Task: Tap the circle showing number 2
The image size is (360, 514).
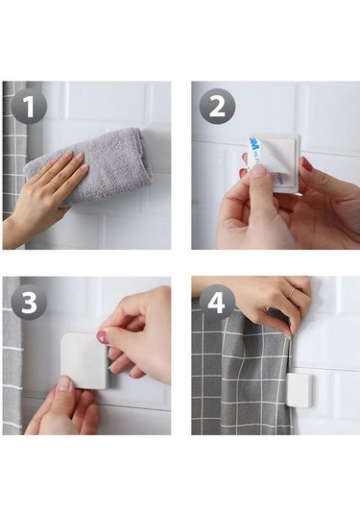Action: point(218,107)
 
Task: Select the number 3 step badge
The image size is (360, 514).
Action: point(30,302)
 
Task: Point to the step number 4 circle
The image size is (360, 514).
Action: point(217,303)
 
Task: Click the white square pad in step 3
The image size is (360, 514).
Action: point(84,360)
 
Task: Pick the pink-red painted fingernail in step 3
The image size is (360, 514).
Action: point(103,338)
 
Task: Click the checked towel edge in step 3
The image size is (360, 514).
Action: point(12,365)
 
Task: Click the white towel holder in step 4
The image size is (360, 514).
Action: point(299,389)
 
